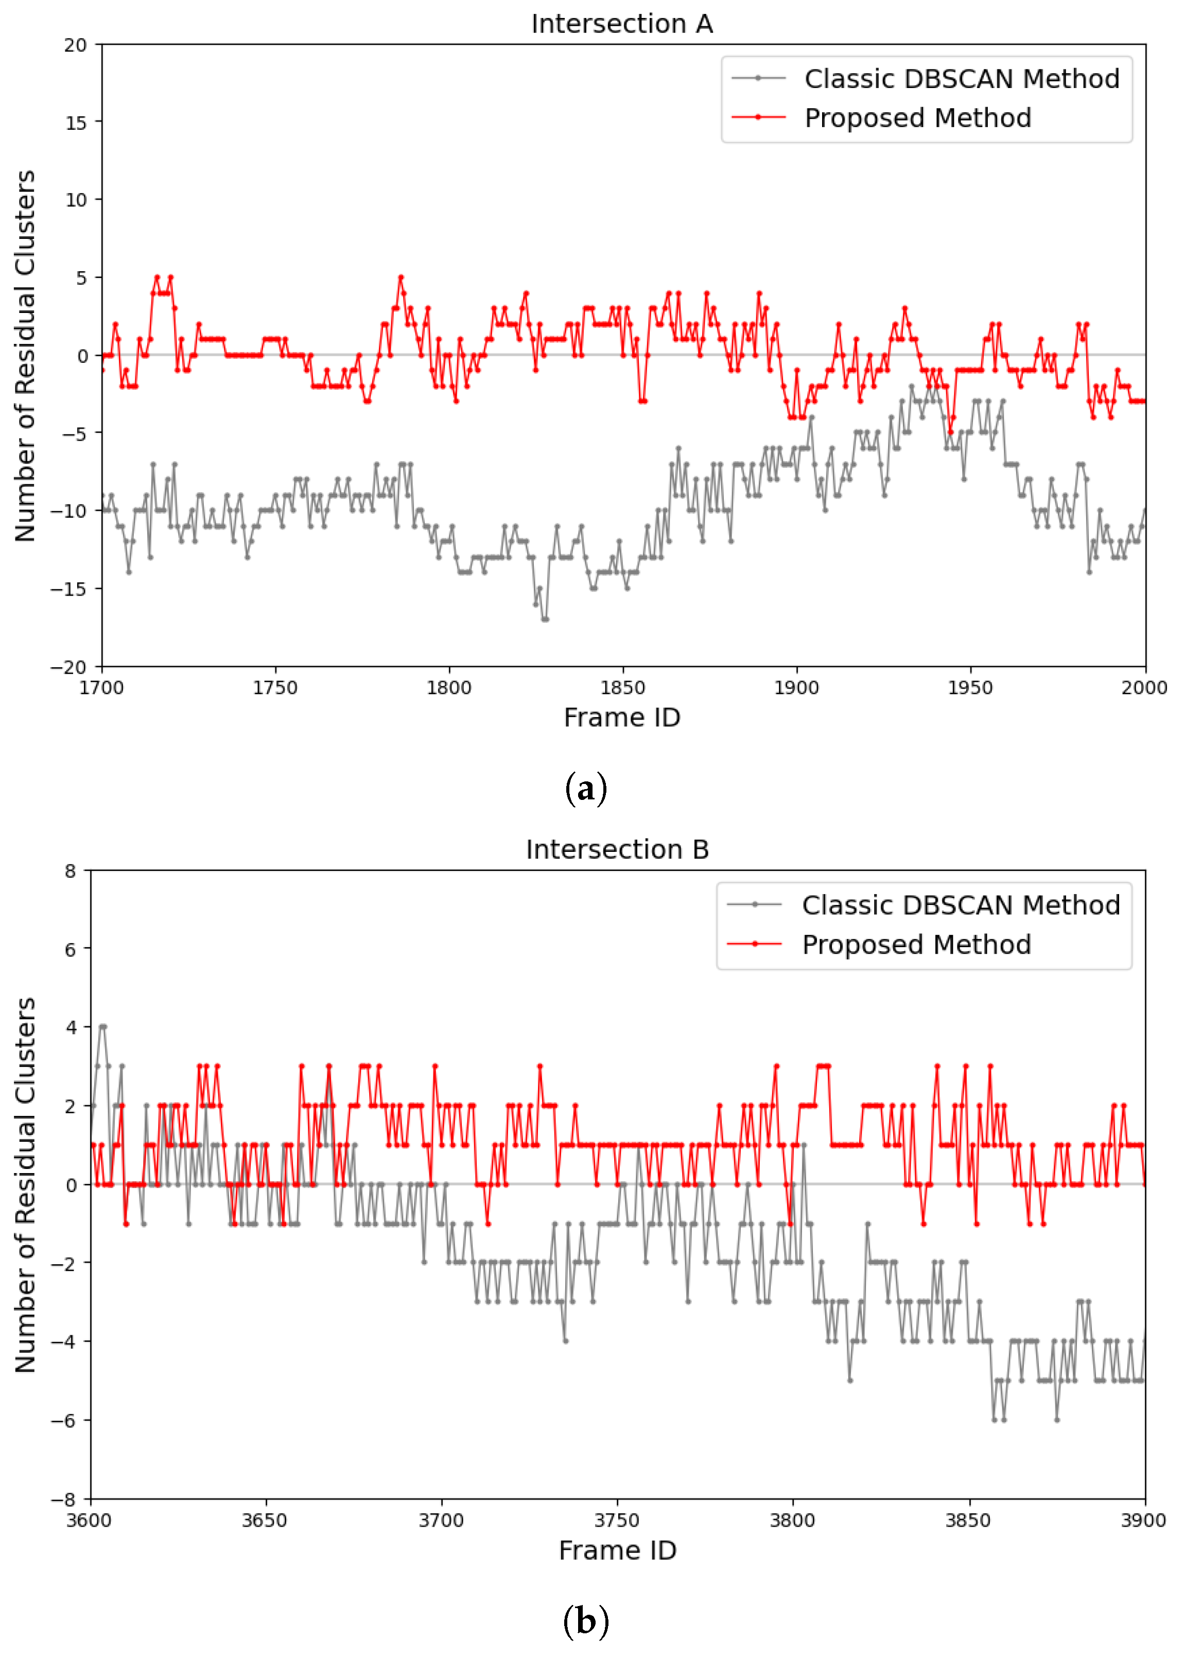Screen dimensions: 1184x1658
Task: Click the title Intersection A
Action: pyautogui.click(x=622, y=24)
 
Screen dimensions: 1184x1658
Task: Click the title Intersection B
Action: pyautogui.click(x=618, y=850)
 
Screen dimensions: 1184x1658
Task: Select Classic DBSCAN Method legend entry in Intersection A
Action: pyautogui.click(x=925, y=79)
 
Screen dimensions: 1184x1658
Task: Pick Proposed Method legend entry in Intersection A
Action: pyautogui.click(x=881, y=118)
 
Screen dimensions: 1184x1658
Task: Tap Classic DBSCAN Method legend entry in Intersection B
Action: pyautogui.click(x=923, y=905)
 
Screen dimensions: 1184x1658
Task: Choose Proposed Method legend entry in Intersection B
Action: pyautogui.click(x=879, y=945)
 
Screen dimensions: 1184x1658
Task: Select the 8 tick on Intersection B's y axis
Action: pyautogui.click(x=70, y=871)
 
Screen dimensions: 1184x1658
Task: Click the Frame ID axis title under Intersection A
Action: pyautogui.click(x=622, y=718)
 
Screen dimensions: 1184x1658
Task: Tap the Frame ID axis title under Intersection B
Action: pyautogui.click(x=618, y=1551)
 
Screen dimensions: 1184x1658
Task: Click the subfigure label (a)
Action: pyautogui.click(x=585, y=789)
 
